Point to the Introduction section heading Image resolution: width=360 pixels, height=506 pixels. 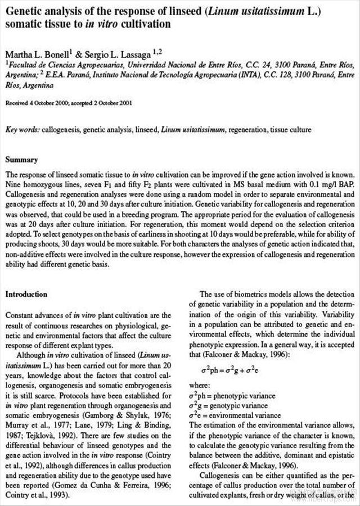click(26, 294)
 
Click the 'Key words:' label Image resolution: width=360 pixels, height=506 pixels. click(22, 130)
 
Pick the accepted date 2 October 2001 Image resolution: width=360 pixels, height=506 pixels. click(113, 103)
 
